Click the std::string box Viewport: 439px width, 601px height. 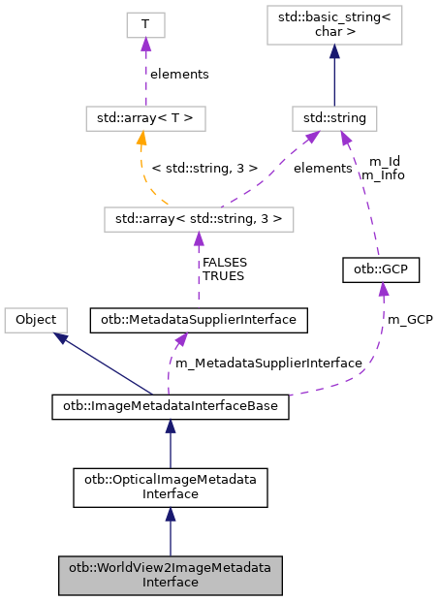coord(334,119)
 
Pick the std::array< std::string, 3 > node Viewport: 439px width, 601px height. coord(199,218)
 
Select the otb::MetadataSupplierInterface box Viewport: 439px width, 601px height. coord(199,318)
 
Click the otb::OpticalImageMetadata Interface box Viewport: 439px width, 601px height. coord(171,487)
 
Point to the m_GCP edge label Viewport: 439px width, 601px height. coord(409,319)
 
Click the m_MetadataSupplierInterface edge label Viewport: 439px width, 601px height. coord(267,363)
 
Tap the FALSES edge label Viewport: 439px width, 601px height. coord(224,262)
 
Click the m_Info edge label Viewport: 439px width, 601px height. coord(382,175)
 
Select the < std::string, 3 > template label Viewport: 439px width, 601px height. coord(205,168)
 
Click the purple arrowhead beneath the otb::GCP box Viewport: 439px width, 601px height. coord(383,290)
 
